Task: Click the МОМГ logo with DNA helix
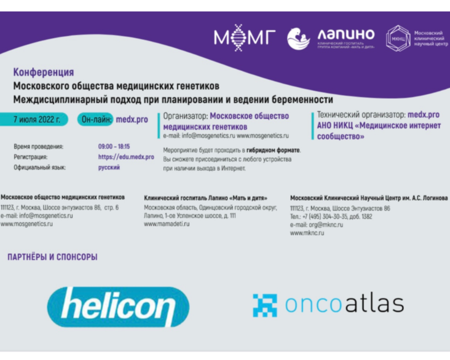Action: pyautogui.click(x=245, y=38)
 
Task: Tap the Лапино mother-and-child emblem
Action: pyautogui.click(x=299, y=39)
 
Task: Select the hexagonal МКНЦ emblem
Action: pyautogui.click(x=398, y=39)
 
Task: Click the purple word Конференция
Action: pyautogui.click(x=44, y=72)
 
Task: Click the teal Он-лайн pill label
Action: pyautogui.click(x=95, y=119)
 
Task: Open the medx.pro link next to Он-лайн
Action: pyautogui.click(x=132, y=120)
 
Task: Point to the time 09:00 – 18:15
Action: pyautogui.click(x=114, y=147)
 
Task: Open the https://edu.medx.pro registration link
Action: pyautogui.click(x=126, y=157)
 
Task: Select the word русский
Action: pyautogui.click(x=109, y=168)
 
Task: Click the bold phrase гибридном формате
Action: pyautogui.click(x=273, y=150)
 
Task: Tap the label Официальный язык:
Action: pyautogui.click(x=39, y=168)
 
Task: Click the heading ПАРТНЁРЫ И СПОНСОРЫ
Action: pyautogui.click(x=52, y=257)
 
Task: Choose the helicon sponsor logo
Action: pyautogui.click(x=118, y=307)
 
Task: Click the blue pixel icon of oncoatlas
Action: pyautogui.click(x=265, y=305)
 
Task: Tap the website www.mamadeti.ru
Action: pyautogui.click(x=167, y=224)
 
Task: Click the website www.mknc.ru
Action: pyautogui.click(x=307, y=233)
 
